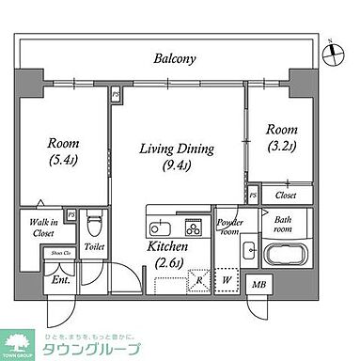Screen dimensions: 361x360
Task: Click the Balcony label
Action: click(175, 59)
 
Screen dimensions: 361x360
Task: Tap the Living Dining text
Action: click(178, 149)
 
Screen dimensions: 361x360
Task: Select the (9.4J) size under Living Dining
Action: click(178, 167)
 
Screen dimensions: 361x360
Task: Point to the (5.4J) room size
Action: click(64, 162)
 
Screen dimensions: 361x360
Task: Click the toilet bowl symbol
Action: click(93, 226)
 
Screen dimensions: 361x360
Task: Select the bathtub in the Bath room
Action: click(283, 255)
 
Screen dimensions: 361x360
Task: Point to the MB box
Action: click(258, 284)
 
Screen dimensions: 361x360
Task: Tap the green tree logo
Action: click(21, 342)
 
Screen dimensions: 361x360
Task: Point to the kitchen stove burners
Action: click(193, 228)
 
